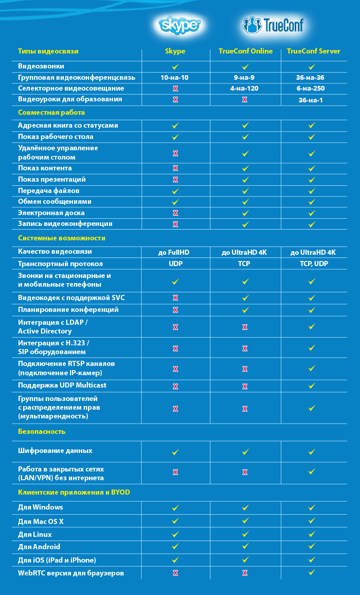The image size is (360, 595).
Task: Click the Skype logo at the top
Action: (179, 25)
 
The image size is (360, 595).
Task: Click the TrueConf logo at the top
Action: (273, 25)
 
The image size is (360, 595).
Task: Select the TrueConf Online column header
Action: (245, 51)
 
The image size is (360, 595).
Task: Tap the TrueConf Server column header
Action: (313, 51)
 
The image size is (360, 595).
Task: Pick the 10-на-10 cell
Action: (174, 78)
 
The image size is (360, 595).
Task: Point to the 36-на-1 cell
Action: (311, 100)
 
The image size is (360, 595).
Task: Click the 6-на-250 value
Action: (310, 89)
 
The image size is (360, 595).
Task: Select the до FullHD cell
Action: (174, 252)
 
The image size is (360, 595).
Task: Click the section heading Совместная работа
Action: (51, 113)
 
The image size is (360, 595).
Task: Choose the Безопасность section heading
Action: (42, 431)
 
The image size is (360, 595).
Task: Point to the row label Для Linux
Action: (35, 534)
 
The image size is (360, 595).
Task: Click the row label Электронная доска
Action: (51, 213)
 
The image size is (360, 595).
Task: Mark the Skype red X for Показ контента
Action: (175, 168)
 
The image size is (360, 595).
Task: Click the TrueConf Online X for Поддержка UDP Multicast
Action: (245, 387)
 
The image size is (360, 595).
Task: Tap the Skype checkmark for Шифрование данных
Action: (175, 452)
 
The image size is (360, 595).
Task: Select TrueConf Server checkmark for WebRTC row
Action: (312, 572)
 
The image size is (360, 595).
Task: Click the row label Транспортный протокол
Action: (60, 264)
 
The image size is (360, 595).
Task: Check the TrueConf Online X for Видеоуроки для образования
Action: (245, 100)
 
